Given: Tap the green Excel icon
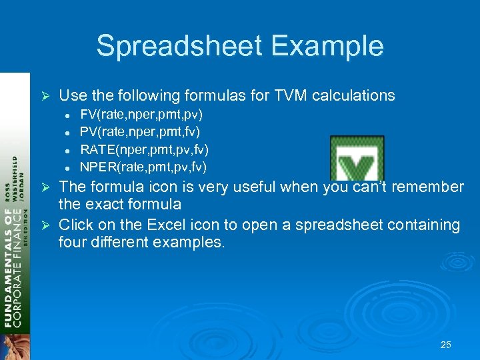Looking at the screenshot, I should coord(357,159).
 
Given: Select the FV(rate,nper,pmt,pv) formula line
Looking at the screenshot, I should coord(141,114).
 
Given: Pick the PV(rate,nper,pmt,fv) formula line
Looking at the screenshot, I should coord(140,131).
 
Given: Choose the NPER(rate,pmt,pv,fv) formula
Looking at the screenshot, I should coord(143,166).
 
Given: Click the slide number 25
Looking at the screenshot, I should coord(446,345).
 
